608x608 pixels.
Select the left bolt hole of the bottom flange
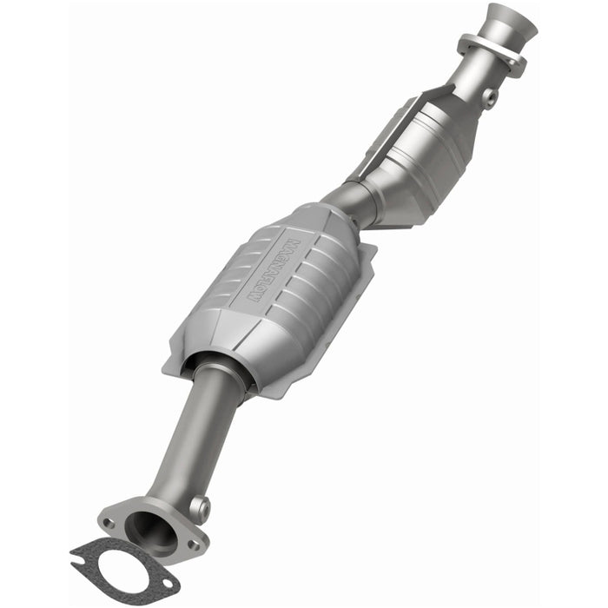pyautogui.click(x=109, y=523)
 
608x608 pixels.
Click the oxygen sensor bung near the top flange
pyautogui.click(x=488, y=96)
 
